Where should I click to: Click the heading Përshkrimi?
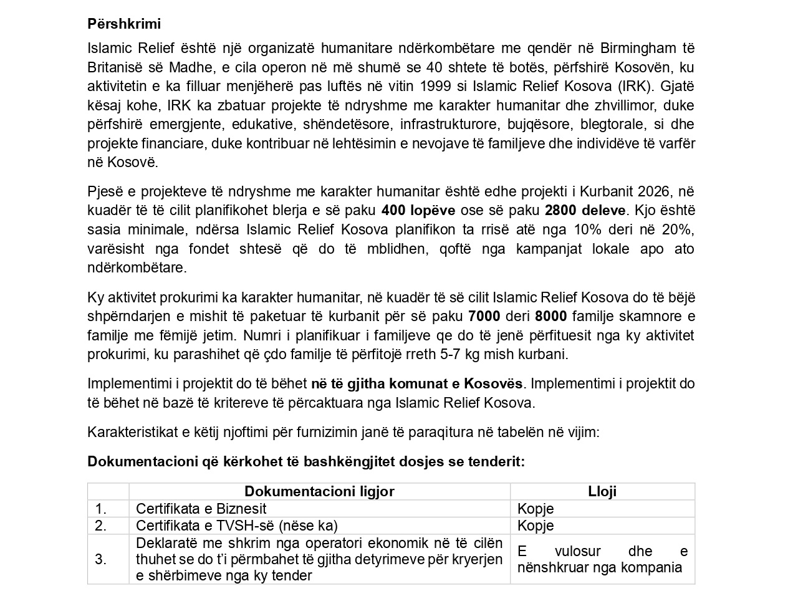[124, 24]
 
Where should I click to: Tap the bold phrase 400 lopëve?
[418, 210]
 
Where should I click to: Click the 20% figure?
[678, 229]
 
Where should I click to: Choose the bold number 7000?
[484, 317]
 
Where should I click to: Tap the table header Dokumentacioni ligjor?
[319, 491]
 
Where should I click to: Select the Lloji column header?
[602, 491]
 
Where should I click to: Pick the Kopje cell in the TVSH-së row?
[536, 526]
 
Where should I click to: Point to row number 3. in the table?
[101, 559]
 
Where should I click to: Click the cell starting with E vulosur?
[602, 559]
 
